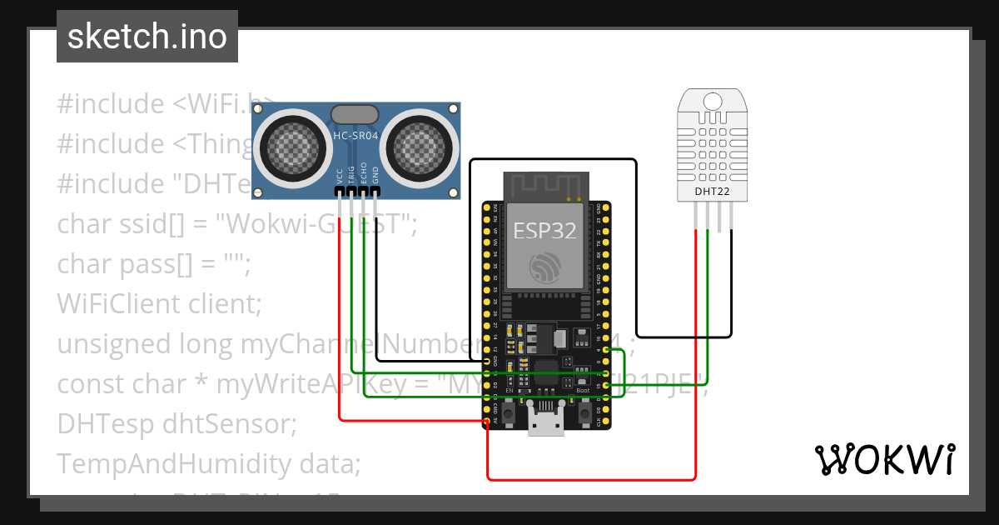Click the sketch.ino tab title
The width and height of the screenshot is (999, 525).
[147, 37]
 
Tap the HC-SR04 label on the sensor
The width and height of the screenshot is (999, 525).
[355, 137]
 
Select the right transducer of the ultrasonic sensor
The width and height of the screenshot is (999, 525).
[420, 146]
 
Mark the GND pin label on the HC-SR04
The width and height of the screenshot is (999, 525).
[375, 175]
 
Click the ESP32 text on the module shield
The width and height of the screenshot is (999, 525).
[544, 231]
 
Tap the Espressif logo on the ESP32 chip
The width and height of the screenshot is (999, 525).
[545, 267]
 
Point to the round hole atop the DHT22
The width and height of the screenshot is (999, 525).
[713, 102]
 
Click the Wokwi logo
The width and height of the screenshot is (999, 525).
[884, 459]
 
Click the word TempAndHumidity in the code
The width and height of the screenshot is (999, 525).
[159, 463]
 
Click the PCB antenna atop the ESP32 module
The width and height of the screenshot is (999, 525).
[544, 185]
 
